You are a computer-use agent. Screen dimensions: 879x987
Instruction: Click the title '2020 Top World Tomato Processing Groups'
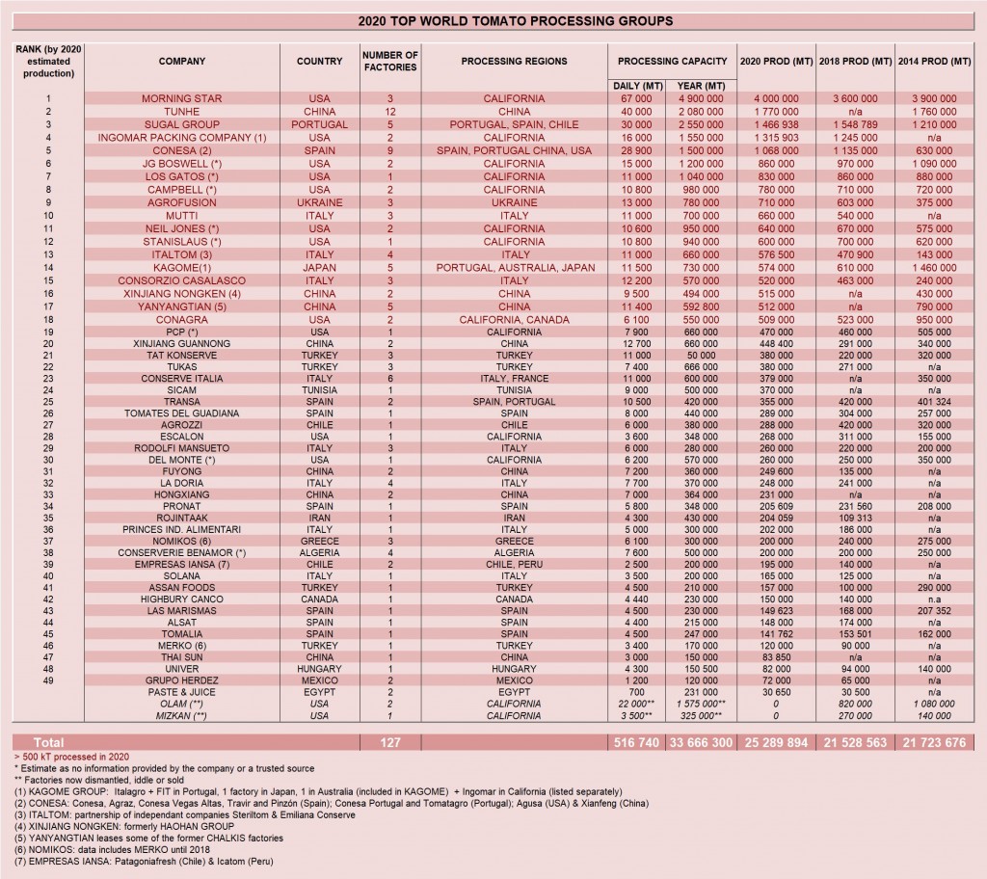pos(493,20)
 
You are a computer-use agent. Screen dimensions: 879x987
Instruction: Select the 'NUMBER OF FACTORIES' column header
pos(389,61)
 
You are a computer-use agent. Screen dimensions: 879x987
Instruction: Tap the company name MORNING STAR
pos(182,98)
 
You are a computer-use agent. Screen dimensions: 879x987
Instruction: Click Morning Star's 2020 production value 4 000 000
pos(777,98)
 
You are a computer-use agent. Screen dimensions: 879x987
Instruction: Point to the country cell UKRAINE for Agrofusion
pos(319,203)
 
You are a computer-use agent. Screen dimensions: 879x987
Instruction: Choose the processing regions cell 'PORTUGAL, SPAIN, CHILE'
pos(515,124)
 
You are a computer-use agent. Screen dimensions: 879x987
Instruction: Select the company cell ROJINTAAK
pos(182,517)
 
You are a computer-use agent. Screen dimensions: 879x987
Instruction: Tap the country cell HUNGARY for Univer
pos(319,668)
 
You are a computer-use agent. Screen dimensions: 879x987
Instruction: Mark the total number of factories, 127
pos(389,743)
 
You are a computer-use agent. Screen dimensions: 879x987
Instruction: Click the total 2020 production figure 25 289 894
pos(777,743)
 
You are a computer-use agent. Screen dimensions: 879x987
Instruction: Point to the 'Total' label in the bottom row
pos(49,743)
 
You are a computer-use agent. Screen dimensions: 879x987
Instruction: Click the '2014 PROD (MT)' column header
pos(934,61)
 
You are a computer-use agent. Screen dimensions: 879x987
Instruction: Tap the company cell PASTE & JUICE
pos(182,691)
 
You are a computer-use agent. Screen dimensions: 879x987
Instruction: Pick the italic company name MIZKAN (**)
pos(182,715)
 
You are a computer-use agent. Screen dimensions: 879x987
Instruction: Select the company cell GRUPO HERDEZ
pos(182,680)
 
